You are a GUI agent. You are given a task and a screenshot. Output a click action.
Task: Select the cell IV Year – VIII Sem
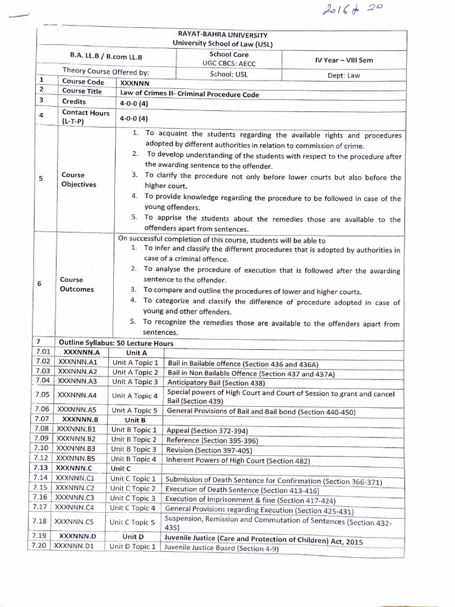(x=344, y=60)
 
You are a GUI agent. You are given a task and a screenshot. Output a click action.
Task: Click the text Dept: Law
(x=344, y=75)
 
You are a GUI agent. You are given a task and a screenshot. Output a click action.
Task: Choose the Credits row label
(x=74, y=102)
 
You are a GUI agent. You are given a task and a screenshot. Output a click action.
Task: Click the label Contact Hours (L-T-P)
(x=85, y=117)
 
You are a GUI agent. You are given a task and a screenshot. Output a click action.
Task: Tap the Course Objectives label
(x=78, y=180)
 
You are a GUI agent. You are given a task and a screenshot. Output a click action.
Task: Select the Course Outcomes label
(x=76, y=285)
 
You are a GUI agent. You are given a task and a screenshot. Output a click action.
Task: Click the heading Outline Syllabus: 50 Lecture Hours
(x=116, y=343)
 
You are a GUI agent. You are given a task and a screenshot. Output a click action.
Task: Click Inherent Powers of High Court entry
(x=238, y=460)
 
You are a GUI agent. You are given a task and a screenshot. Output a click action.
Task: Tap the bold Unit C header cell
(x=123, y=468)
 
